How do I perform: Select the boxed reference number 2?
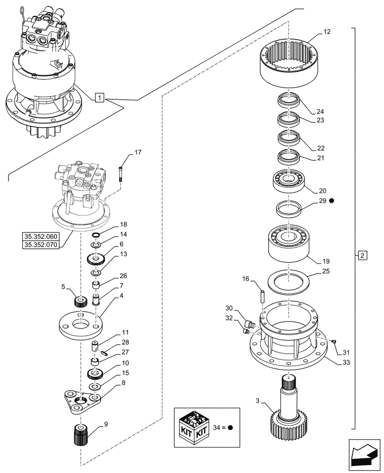point(361,256)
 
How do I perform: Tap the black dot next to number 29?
point(332,201)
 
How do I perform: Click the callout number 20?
point(323,191)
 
